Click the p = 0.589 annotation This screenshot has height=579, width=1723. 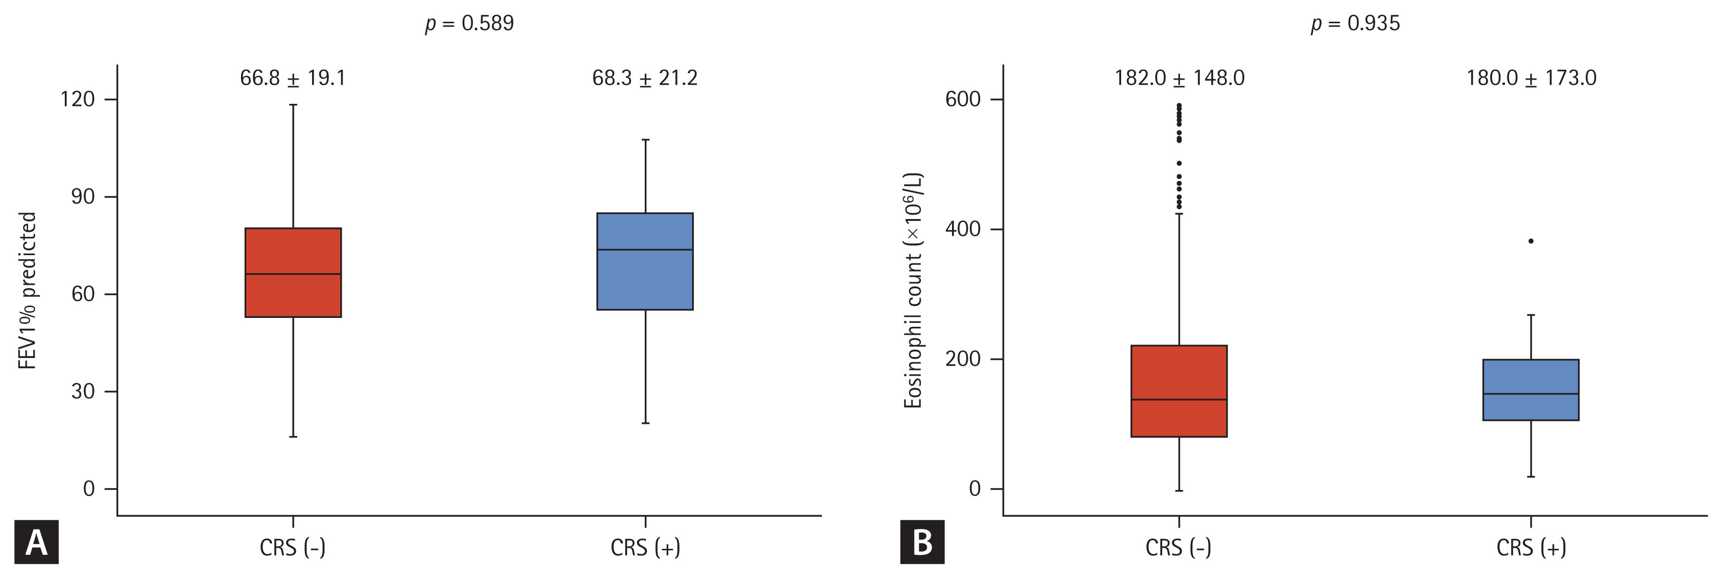(x=469, y=23)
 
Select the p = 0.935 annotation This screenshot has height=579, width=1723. (x=1355, y=23)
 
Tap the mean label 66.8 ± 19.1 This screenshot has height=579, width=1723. (x=293, y=78)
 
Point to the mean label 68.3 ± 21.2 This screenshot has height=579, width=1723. (x=645, y=78)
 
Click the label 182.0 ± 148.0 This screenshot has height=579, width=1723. (x=1179, y=78)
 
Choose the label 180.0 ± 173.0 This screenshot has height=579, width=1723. (x=1531, y=78)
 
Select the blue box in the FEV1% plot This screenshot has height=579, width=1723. (x=645, y=262)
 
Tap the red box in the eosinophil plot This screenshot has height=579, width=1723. (x=1179, y=391)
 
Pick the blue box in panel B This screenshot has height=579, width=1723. (x=1531, y=390)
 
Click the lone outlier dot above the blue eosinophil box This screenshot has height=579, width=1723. (x=1531, y=241)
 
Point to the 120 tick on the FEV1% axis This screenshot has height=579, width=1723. (x=78, y=99)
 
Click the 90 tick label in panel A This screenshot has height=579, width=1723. (x=83, y=197)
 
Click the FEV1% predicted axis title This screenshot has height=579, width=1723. (x=27, y=290)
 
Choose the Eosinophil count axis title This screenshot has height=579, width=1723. (x=913, y=290)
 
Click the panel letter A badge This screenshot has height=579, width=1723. (x=36, y=542)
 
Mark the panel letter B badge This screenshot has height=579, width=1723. (x=922, y=542)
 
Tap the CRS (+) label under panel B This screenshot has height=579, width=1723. (x=1531, y=547)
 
